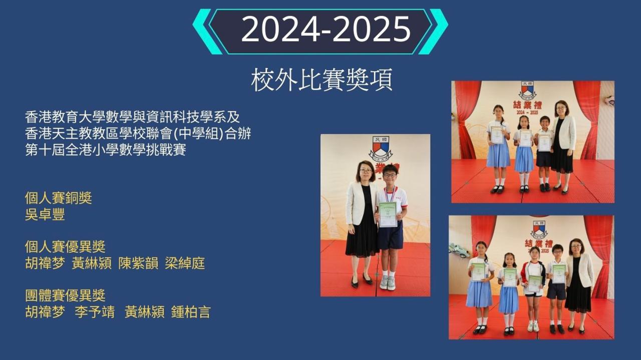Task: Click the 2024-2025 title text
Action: click(x=326, y=29)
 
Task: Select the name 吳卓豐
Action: click(x=45, y=214)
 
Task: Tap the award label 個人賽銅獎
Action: click(x=59, y=198)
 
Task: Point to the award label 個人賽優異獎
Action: click(x=65, y=247)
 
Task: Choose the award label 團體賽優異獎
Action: click(x=65, y=295)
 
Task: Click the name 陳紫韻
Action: click(x=138, y=263)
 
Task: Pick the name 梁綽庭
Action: click(x=185, y=263)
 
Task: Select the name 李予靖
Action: click(x=95, y=312)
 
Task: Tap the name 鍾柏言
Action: click(x=191, y=312)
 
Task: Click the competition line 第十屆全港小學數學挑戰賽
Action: click(x=106, y=150)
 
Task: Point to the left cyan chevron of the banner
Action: click(x=207, y=32)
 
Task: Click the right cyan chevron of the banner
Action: click(x=433, y=32)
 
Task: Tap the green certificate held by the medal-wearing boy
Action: click(x=388, y=214)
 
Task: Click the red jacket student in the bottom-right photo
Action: click(x=533, y=289)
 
